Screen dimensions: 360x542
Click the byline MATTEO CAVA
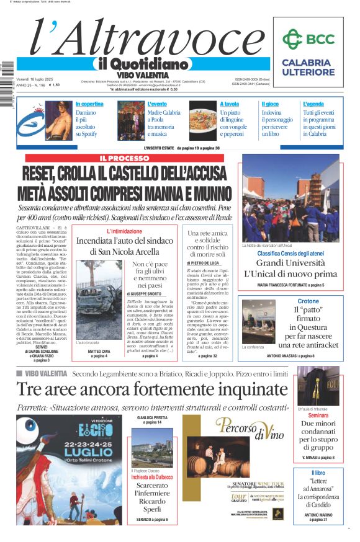pos(99,351)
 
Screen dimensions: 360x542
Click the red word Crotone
pos(308,301)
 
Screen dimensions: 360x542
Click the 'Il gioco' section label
pos(270,104)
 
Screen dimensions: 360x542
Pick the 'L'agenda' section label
pos(313,104)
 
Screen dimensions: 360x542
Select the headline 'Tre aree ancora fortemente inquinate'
pos(152,389)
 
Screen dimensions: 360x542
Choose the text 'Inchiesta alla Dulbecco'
pos(153,476)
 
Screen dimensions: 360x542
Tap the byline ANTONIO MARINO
pos(318,514)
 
